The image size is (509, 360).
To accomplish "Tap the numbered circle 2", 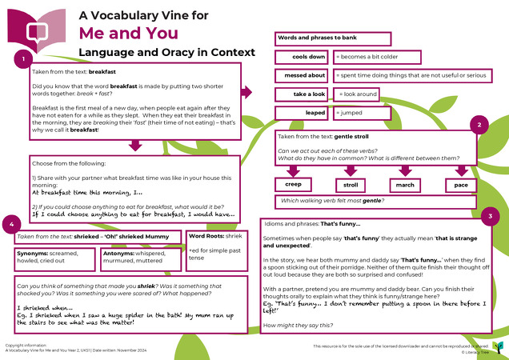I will tap(478, 124).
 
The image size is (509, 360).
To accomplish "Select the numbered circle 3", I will tap(491, 217).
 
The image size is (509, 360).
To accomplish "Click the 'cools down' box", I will tap(303, 58).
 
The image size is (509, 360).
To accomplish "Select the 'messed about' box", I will tap(303, 76).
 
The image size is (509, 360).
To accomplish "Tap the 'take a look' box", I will tap(303, 94).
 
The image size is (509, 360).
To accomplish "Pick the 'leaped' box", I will tap(303, 113).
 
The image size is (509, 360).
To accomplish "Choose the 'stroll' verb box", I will tap(350, 186).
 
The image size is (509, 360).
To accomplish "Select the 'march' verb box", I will tap(405, 186).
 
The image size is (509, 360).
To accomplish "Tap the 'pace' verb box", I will tap(460, 186).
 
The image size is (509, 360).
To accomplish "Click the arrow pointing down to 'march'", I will tap(405, 170).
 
